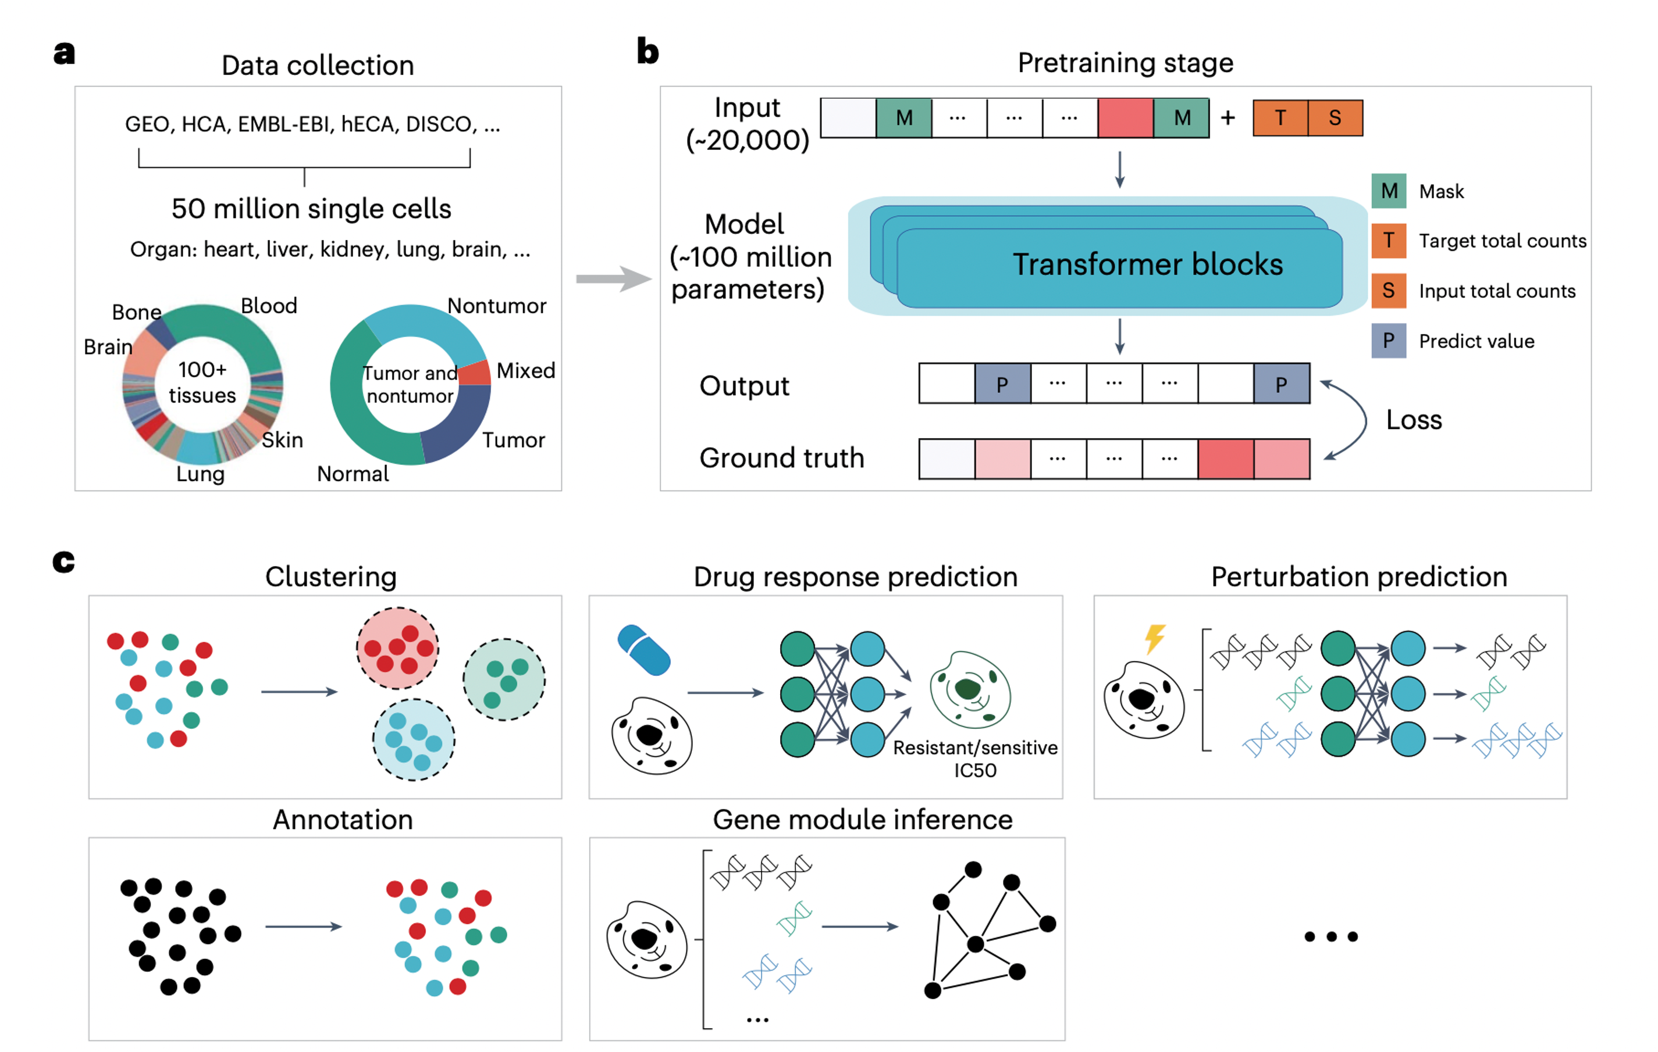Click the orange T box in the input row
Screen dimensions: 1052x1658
(1279, 117)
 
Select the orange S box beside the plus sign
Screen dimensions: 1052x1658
(1335, 117)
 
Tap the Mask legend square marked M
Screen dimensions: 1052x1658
(1388, 191)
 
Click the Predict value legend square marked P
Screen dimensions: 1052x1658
(1388, 341)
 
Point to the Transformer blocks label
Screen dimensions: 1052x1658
(1147, 264)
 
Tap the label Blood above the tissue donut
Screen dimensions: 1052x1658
(269, 306)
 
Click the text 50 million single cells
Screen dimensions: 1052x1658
(311, 209)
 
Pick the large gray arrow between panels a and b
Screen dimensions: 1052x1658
(612, 278)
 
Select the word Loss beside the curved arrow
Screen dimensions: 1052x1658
(1414, 420)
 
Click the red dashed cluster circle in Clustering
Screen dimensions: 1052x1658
(397, 648)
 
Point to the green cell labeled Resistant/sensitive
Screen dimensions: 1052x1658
(969, 690)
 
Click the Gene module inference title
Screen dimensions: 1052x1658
(862, 820)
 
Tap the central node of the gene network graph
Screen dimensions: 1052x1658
(975, 944)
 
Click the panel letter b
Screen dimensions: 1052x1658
(647, 52)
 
